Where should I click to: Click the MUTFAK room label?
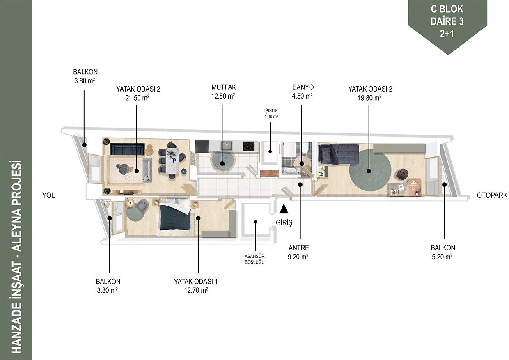(x=224, y=87)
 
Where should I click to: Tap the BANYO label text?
(x=303, y=87)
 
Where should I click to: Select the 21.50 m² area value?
(x=137, y=98)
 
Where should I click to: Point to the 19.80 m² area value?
(x=370, y=98)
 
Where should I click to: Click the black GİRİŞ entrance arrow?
(x=284, y=209)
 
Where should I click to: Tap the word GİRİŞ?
(x=284, y=222)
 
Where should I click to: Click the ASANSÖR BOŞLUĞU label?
(x=254, y=259)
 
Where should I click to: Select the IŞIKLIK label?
(x=271, y=111)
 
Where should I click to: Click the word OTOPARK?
(x=492, y=195)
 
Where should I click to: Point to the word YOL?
(x=48, y=195)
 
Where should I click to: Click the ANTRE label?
(x=298, y=248)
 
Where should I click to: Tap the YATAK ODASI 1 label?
(x=196, y=282)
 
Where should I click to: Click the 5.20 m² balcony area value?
(x=442, y=257)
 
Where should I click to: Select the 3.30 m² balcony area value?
(x=107, y=291)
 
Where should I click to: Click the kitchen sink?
(x=227, y=146)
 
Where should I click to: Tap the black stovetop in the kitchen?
(x=249, y=147)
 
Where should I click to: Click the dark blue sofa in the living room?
(x=127, y=149)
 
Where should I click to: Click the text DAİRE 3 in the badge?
(x=447, y=22)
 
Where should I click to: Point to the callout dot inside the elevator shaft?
(x=255, y=222)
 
